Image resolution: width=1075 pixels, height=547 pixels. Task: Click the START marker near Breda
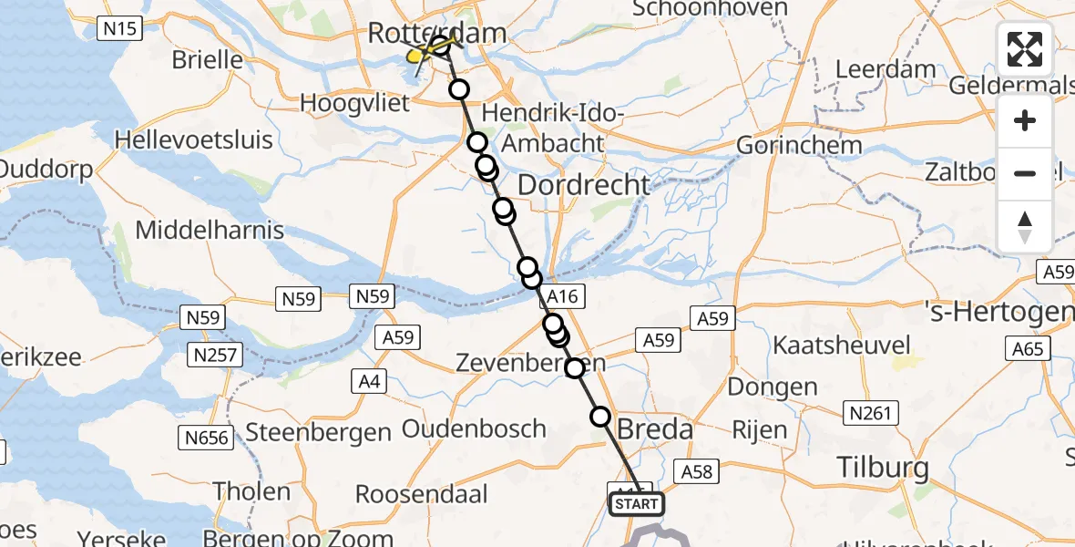pos(637,504)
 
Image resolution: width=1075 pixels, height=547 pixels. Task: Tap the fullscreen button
pos(1025,49)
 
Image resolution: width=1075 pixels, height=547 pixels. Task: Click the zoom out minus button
pos(1025,173)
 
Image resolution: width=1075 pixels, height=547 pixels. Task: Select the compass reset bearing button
pos(1025,226)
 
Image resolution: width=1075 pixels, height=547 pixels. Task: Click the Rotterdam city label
pos(436,34)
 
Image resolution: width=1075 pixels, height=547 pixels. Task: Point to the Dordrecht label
pos(584,185)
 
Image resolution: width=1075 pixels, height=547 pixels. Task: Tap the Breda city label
pos(655,428)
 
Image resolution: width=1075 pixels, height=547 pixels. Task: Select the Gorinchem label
pos(799,145)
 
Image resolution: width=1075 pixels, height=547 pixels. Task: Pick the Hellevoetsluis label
pos(194,139)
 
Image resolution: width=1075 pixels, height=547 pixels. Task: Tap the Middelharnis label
pos(210,230)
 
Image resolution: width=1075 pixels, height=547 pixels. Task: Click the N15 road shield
pos(119,29)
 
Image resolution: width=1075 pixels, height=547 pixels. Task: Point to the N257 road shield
pos(215,354)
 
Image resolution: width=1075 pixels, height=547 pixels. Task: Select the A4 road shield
pos(368,381)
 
